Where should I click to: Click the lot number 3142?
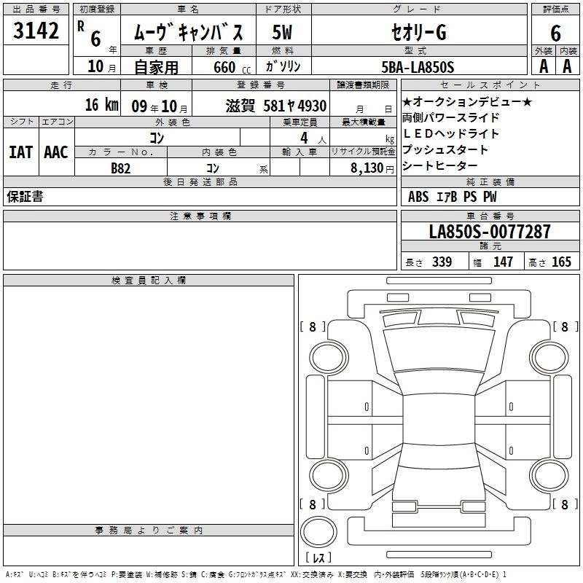36,31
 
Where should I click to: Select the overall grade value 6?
555,34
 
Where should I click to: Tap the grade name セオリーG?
418,32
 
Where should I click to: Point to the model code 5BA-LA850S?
418,67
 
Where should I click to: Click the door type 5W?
282,32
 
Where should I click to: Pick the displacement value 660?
224,67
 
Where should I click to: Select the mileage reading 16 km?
102,105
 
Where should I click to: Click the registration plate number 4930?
312,106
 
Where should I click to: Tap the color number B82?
121,168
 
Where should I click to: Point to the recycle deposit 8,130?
367,168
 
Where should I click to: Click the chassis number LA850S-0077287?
490,232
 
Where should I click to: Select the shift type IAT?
21,152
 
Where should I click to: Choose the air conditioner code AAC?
56,152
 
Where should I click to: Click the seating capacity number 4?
304,138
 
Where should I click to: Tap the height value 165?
561,262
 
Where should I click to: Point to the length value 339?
442,262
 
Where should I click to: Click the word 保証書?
25,197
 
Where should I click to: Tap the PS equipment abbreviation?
470,197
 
